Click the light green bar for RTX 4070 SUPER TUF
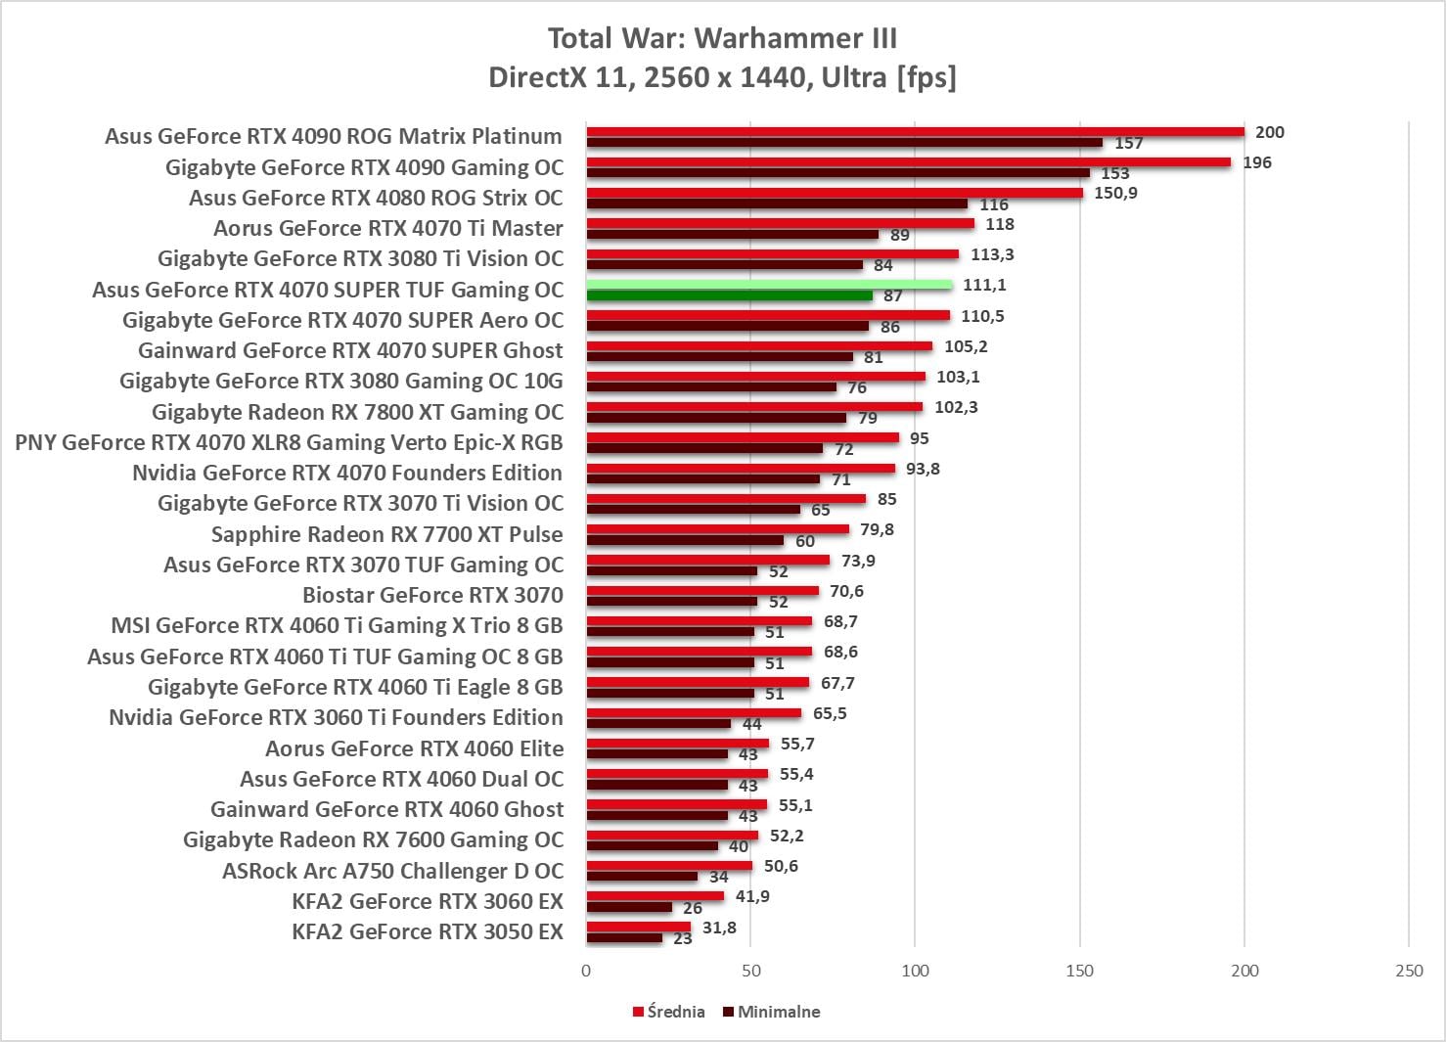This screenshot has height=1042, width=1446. tap(769, 285)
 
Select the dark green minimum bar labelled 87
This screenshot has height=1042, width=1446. tap(729, 295)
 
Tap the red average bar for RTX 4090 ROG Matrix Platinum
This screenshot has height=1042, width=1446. tap(915, 132)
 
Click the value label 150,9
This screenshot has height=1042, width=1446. tap(1115, 193)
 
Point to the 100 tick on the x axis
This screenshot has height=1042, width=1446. tap(915, 971)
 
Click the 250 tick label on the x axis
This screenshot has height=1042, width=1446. tap(1409, 971)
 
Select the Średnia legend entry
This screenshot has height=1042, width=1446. tap(669, 1012)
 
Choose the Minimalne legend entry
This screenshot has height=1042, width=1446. tap(772, 1012)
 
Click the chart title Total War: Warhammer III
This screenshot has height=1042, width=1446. tap(722, 38)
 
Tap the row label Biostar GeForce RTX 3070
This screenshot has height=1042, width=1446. tap(432, 595)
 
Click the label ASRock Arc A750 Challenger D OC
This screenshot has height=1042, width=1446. tap(392, 871)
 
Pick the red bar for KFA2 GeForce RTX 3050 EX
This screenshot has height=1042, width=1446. tap(638, 927)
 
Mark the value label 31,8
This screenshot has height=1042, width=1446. tap(719, 928)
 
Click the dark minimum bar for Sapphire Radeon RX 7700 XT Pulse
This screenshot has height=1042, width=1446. tap(685, 540)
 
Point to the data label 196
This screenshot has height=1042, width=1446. tap(1257, 162)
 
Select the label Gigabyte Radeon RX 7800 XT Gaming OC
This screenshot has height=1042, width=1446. tap(357, 412)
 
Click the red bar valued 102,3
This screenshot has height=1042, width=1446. tap(754, 407)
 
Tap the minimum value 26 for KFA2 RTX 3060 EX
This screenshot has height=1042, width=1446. tap(693, 908)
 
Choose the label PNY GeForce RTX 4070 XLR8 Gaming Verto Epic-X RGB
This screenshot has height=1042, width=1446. tap(289, 442)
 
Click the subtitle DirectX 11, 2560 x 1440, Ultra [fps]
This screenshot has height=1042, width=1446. tap(722, 77)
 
